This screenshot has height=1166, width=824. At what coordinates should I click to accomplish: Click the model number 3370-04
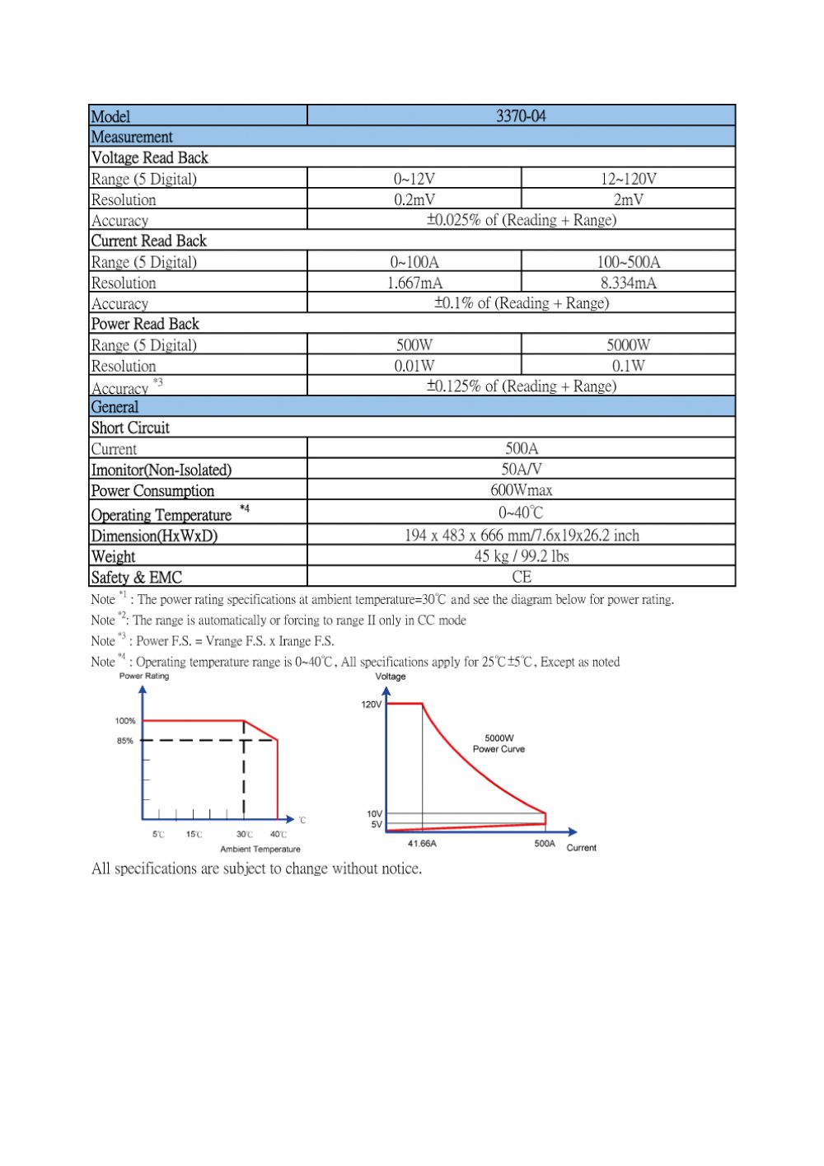[521, 116]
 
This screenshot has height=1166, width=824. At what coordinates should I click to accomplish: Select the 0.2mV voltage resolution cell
[414, 199]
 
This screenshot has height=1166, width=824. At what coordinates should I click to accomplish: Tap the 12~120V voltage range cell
[628, 179]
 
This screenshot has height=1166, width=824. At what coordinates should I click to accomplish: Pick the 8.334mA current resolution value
[628, 283]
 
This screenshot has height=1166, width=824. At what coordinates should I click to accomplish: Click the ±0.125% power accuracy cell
[521, 386]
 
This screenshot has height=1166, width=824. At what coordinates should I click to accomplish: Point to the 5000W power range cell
[628, 344]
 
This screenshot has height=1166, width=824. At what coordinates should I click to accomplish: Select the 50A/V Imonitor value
[521, 469]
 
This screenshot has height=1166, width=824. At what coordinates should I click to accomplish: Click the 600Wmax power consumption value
[521, 490]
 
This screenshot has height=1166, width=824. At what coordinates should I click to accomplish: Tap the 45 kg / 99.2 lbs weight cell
[521, 556]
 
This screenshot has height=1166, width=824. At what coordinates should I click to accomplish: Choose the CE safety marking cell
[521, 577]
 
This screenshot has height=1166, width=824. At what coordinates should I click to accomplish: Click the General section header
[115, 407]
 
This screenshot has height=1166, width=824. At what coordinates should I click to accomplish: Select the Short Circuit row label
[130, 428]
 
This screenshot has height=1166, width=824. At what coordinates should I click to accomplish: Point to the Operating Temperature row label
[162, 515]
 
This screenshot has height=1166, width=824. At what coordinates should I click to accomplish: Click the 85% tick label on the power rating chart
[124, 741]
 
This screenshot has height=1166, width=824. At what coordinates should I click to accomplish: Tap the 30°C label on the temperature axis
[245, 835]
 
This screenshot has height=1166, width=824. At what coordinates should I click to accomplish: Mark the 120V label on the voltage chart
[371, 705]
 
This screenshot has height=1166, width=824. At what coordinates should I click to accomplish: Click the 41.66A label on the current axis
[422, 844]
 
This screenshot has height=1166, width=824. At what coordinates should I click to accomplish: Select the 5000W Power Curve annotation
[499, 743]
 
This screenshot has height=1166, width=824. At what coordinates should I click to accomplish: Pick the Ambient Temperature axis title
[260, 849]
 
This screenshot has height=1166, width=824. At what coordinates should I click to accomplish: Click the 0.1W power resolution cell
[628, 366]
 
